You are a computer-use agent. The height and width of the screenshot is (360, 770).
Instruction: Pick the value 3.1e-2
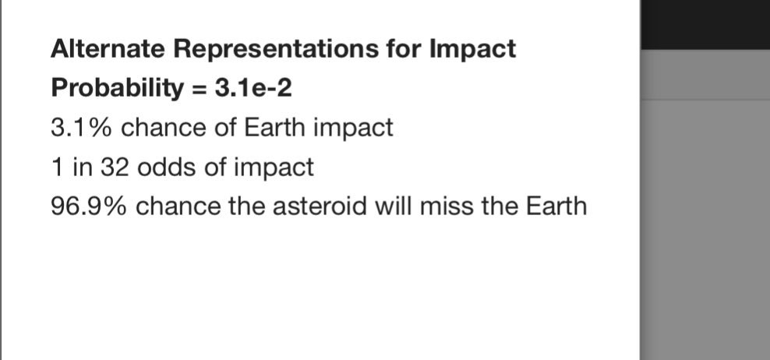point(253,88)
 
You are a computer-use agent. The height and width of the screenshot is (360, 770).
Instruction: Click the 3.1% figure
point(82,127)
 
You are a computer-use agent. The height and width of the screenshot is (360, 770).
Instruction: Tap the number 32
point(115,167)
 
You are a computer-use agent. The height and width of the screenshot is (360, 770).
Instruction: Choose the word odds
point(167,167)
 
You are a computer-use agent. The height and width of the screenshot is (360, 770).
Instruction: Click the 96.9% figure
point(89,206)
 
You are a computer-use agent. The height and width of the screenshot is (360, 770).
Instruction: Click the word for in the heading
point(404,48)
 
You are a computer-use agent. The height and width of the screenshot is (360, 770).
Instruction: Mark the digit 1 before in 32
point(58,167)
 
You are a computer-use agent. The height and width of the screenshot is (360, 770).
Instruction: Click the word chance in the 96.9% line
point(178,206)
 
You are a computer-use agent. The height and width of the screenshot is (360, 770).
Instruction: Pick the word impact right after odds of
point(274,168)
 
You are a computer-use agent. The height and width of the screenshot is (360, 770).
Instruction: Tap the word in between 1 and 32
point(83,167)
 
